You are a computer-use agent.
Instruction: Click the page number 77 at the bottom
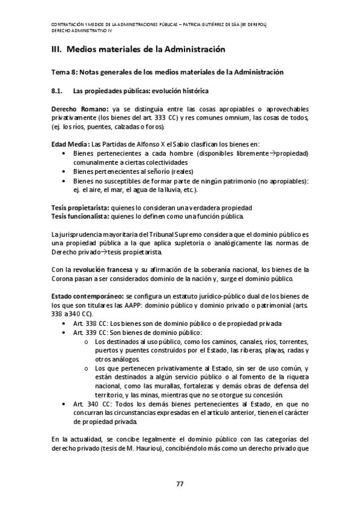click(x=180, y=485)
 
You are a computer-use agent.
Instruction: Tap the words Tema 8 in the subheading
click(x=64, y=72)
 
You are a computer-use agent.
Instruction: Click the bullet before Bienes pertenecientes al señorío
click(x=64, y=172)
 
